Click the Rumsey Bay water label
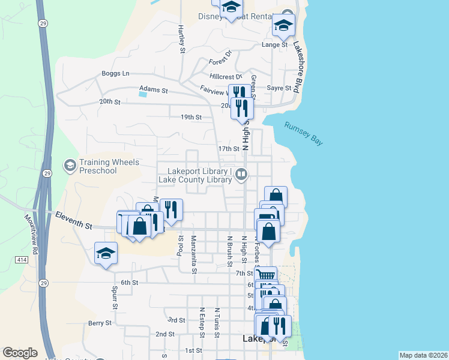coord(304,133)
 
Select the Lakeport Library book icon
coord(241,175)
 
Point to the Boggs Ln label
coord(115,74)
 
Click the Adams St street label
coord(153,89)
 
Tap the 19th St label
coord(190,117)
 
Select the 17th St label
coord(228,148)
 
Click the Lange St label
coord(275,44)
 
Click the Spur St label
coord(114,297)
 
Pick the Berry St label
coord(100,323)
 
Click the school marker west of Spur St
coord(106,253)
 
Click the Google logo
coord(20,353)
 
